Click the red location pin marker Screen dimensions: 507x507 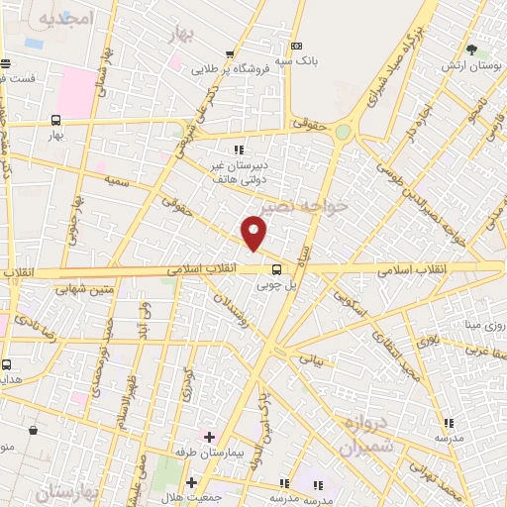coord(254,232)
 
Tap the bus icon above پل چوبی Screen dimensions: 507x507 coord(276,267)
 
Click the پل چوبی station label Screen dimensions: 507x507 coord(276,285)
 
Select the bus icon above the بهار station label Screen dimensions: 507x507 coord(55,120)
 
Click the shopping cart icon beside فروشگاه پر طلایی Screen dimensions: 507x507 coord(231,54)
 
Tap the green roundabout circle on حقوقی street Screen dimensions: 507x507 coord(343,131)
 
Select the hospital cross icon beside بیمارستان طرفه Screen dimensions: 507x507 coord(209,436)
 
